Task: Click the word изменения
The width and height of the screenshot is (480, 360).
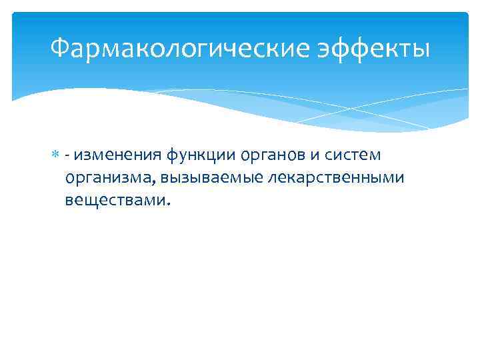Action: tap(108, 155)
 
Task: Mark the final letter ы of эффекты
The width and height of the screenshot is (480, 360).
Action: tap(421, 49)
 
